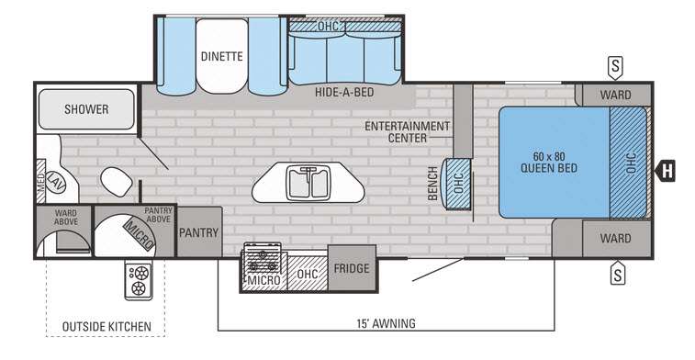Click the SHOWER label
tap(86, 109)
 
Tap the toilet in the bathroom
tap(117, 181)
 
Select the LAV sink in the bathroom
tap(56, 182)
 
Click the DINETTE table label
tap(221, 56)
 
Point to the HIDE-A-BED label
tap(344, 92)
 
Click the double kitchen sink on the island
tap(308, 183)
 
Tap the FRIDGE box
tap(352, 268)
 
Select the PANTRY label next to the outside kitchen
tap(198, 232)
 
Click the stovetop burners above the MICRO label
tap(261, 258)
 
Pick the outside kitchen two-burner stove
tap(139, 280)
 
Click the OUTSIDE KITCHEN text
tap(106, 327)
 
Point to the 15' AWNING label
tap(387, 323)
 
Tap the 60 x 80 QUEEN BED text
tap(549, 163)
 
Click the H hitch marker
tap(666, 171)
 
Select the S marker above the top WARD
tap(615, 68)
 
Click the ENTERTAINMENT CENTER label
tap(408, 132)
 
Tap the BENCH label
tap(432, 183)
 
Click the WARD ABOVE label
tap(66, 218)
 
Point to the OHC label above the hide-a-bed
tap(328, 27)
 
